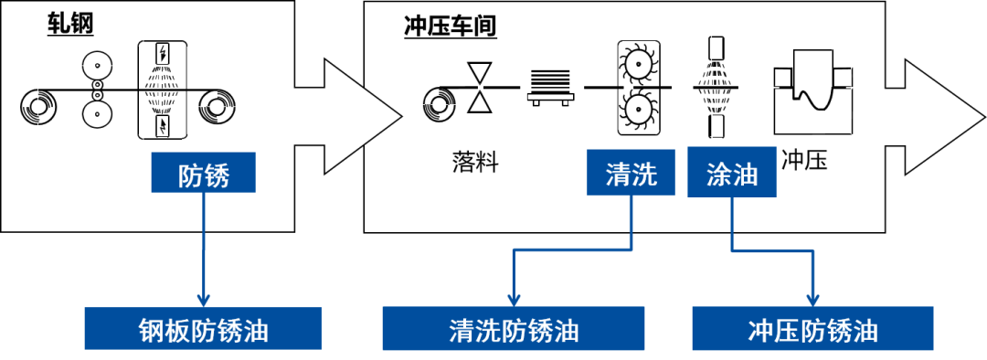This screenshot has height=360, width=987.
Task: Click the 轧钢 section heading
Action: click(70, 24)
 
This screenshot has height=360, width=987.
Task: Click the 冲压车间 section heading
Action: click(450, 26)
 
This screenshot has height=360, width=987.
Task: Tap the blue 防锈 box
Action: click(203, 172)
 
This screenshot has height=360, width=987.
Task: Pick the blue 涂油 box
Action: click(731, 173)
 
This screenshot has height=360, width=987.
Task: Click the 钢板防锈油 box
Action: click(203, 328)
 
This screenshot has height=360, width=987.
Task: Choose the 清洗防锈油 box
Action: click(514, 328)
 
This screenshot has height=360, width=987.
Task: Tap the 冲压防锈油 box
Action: click(812, 328)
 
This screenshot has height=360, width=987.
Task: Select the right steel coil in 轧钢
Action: click(216, 103)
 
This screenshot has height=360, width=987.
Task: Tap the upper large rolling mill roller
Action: click(98, 66)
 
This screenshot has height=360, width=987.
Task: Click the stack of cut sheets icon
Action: click(550, 86)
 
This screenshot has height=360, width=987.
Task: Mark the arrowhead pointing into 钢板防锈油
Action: click(203, 301)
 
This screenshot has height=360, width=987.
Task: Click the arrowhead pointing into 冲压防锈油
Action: click(813, 301)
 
